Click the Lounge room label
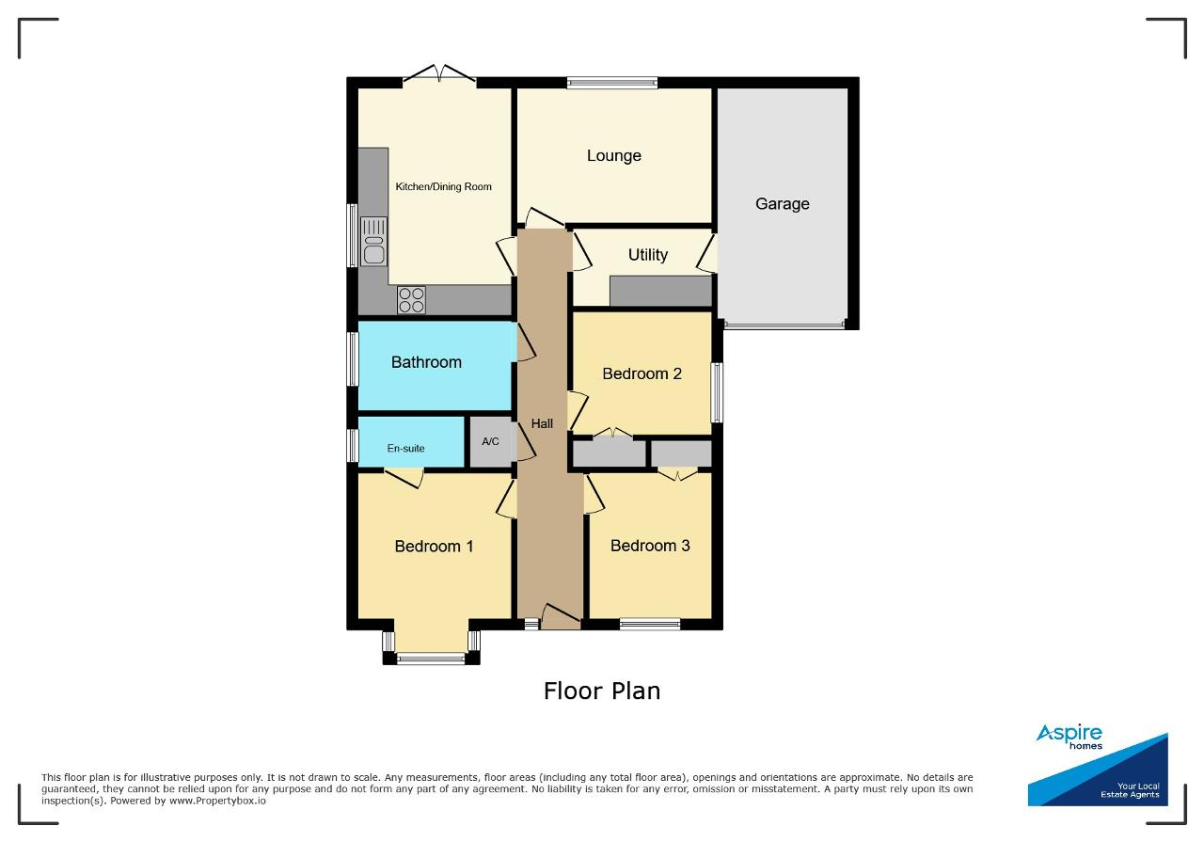(x=614, y=156)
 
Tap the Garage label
(x=782, y=204)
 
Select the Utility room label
(x=648, y=254)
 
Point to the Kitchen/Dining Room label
(x=443, y=186)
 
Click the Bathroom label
(x=426, y=362)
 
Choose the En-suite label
(x=405, y=448)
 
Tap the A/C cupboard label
(x=490, y=441)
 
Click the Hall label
(x=542, y=423)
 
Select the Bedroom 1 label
(x=434, y=547)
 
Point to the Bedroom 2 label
(x=642, y=373)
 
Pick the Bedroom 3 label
(x=650, y=546)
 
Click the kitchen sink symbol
(x=373, y=242)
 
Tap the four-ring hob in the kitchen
(x=411, y=300)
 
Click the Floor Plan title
(x=602, y=691)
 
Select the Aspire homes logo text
(x=1069, y=737)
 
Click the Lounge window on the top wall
(x=612, y=83)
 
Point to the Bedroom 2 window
(x=717, y=392)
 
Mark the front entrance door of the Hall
(x=561, y=617)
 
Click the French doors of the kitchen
(x=439, y=75)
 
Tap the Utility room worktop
(x=661, y=291)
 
